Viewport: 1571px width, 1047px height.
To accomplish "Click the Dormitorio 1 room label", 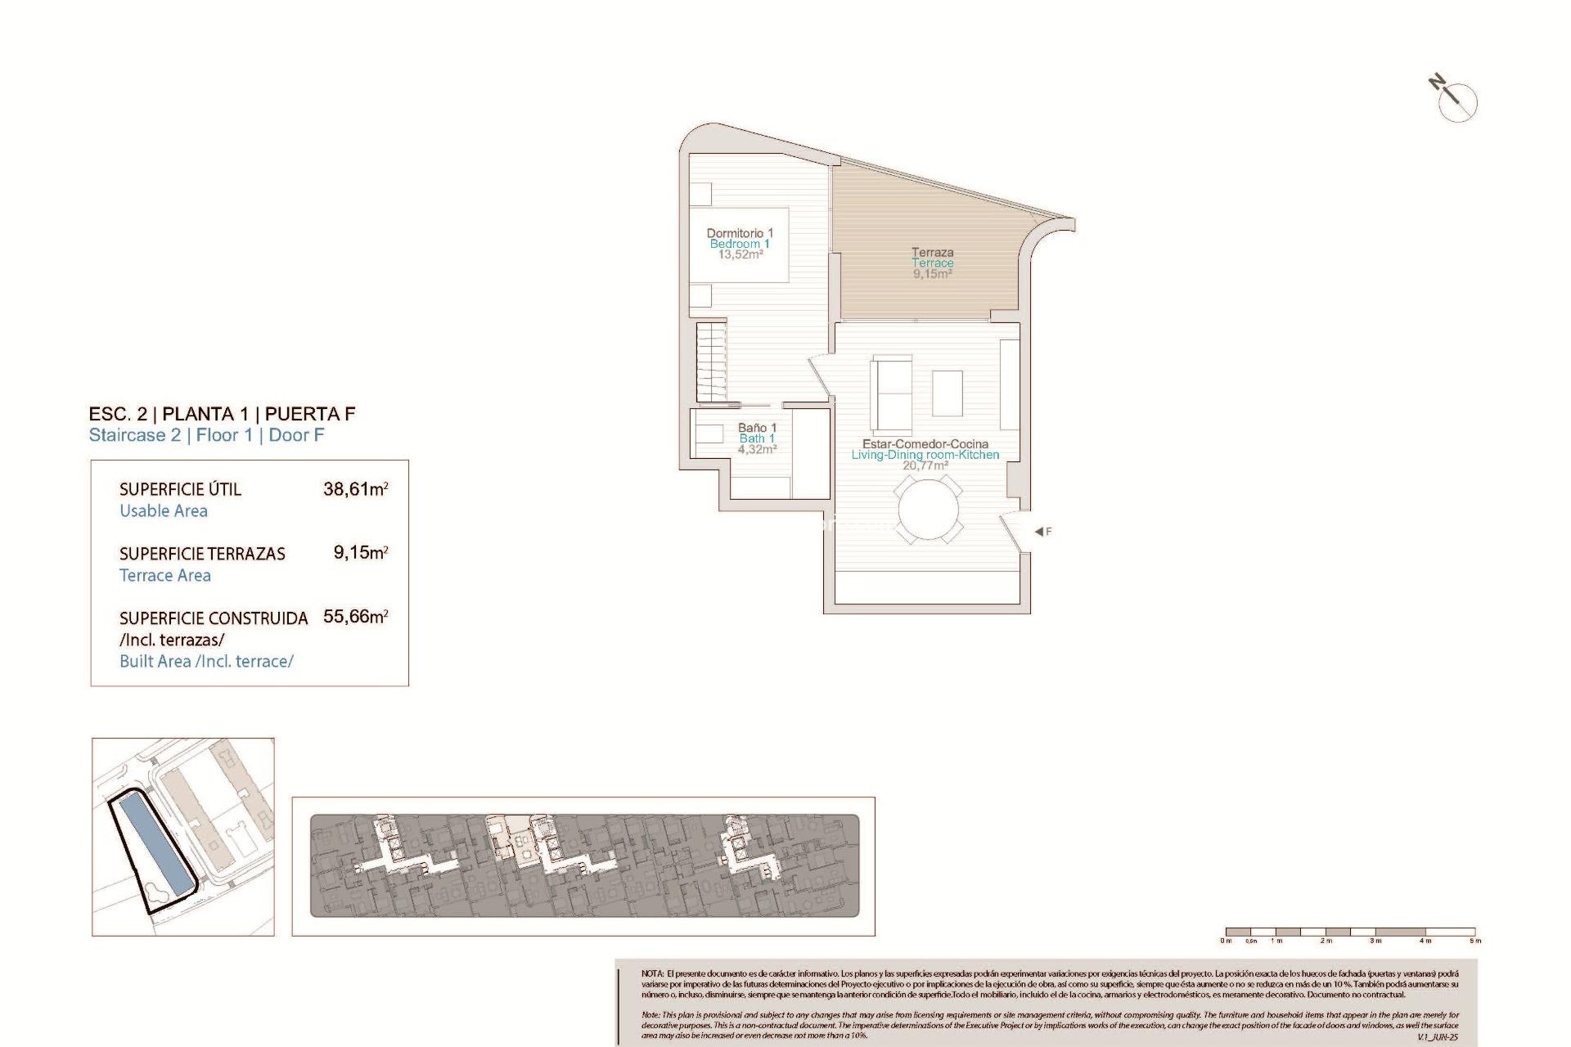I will (740, 233).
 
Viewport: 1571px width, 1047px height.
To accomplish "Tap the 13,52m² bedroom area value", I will (740, 254).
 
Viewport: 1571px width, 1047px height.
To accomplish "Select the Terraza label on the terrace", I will (933, 253).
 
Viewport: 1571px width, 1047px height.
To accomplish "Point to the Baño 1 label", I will (757, 428).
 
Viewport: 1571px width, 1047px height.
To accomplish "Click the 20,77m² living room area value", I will (925, 465).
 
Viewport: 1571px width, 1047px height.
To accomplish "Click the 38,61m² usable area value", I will (355, 489).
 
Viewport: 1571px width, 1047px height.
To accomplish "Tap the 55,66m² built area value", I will (355, 617).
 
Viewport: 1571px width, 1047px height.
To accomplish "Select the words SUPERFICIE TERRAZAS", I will (202, 554).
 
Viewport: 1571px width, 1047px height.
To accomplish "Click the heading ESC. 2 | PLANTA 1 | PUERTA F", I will (222, 414).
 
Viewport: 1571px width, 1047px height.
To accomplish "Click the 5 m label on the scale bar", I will (1474, 941).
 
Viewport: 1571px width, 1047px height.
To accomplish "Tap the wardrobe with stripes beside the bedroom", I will (711, 361).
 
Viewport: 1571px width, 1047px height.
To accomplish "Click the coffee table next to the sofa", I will (948, 393).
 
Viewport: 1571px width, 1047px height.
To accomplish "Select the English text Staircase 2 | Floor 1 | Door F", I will (206, 435).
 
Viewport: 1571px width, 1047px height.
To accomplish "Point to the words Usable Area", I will (164, 511).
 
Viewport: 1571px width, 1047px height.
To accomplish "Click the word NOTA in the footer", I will (652, 973).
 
